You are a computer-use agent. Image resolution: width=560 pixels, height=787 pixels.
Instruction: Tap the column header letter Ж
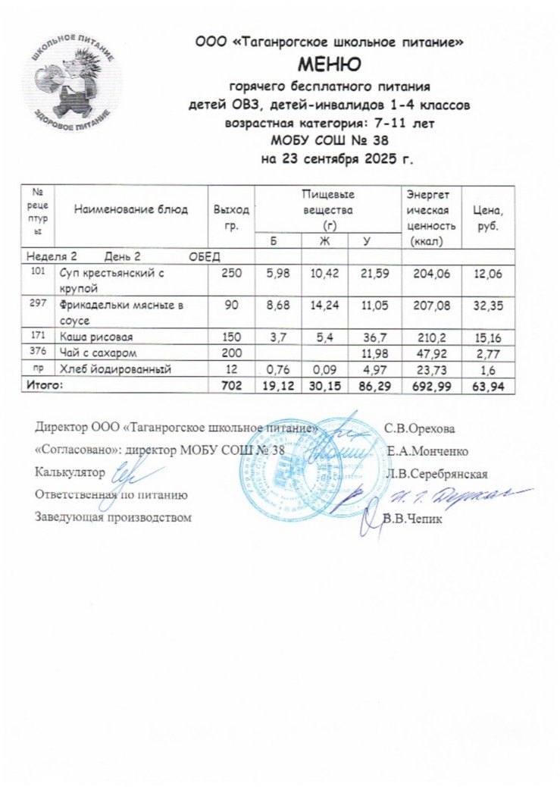click(x=324, y=241)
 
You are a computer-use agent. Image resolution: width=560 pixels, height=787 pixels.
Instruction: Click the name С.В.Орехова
click(x=420, y=429)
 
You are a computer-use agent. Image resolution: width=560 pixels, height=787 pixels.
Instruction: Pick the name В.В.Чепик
click(x=412, y=520)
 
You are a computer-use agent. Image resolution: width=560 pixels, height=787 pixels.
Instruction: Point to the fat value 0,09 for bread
click(x=324, y=369)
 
